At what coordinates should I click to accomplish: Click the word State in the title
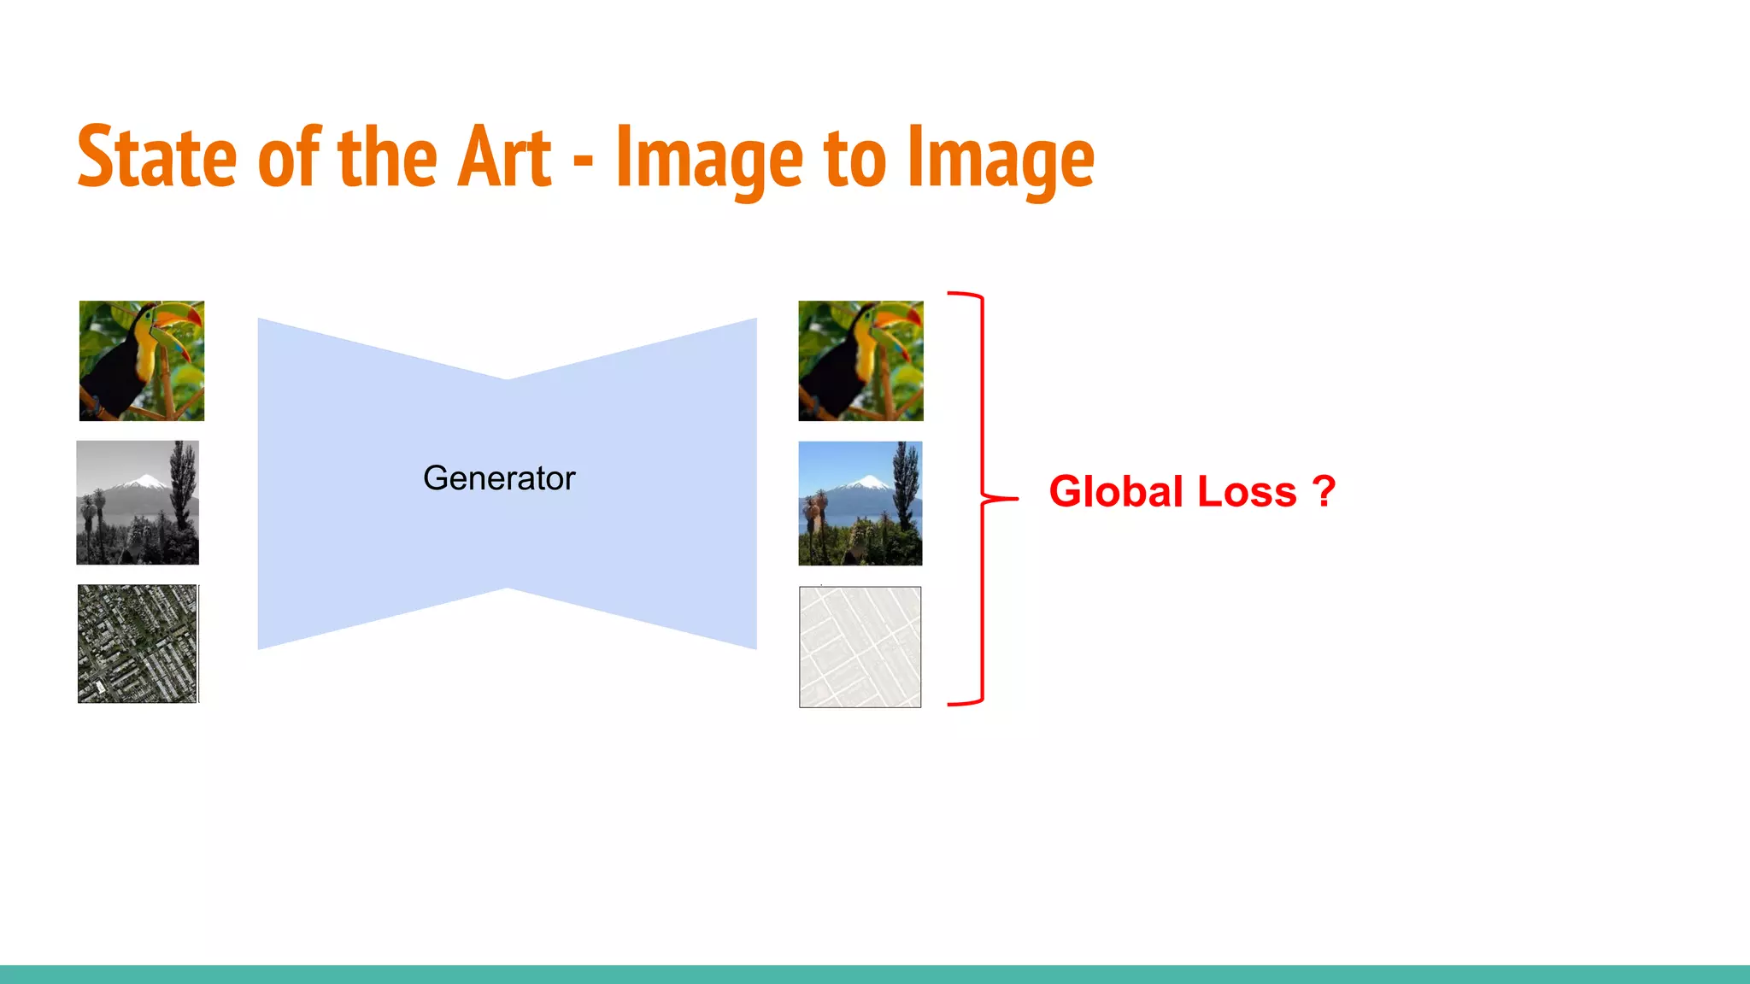(156, 157)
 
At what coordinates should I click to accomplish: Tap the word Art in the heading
(504, 157)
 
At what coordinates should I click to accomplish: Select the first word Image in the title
(708, 157)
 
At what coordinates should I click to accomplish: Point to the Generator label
(499, 478)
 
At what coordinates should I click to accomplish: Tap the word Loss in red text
(1247, 492)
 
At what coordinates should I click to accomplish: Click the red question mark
(1324, 492)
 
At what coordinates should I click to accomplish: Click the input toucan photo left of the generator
(142, 360)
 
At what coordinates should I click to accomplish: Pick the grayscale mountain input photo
(138, 502)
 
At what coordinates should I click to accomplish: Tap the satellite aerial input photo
(138, 644)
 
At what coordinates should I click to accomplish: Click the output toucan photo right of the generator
(860, 360)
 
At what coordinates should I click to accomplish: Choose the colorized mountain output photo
(860, 503)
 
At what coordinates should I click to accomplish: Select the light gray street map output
(860, 647)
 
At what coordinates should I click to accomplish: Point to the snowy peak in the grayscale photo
(145, 482)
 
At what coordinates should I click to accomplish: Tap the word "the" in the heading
(389, 157)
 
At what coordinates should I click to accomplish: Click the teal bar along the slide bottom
(875, 975)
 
